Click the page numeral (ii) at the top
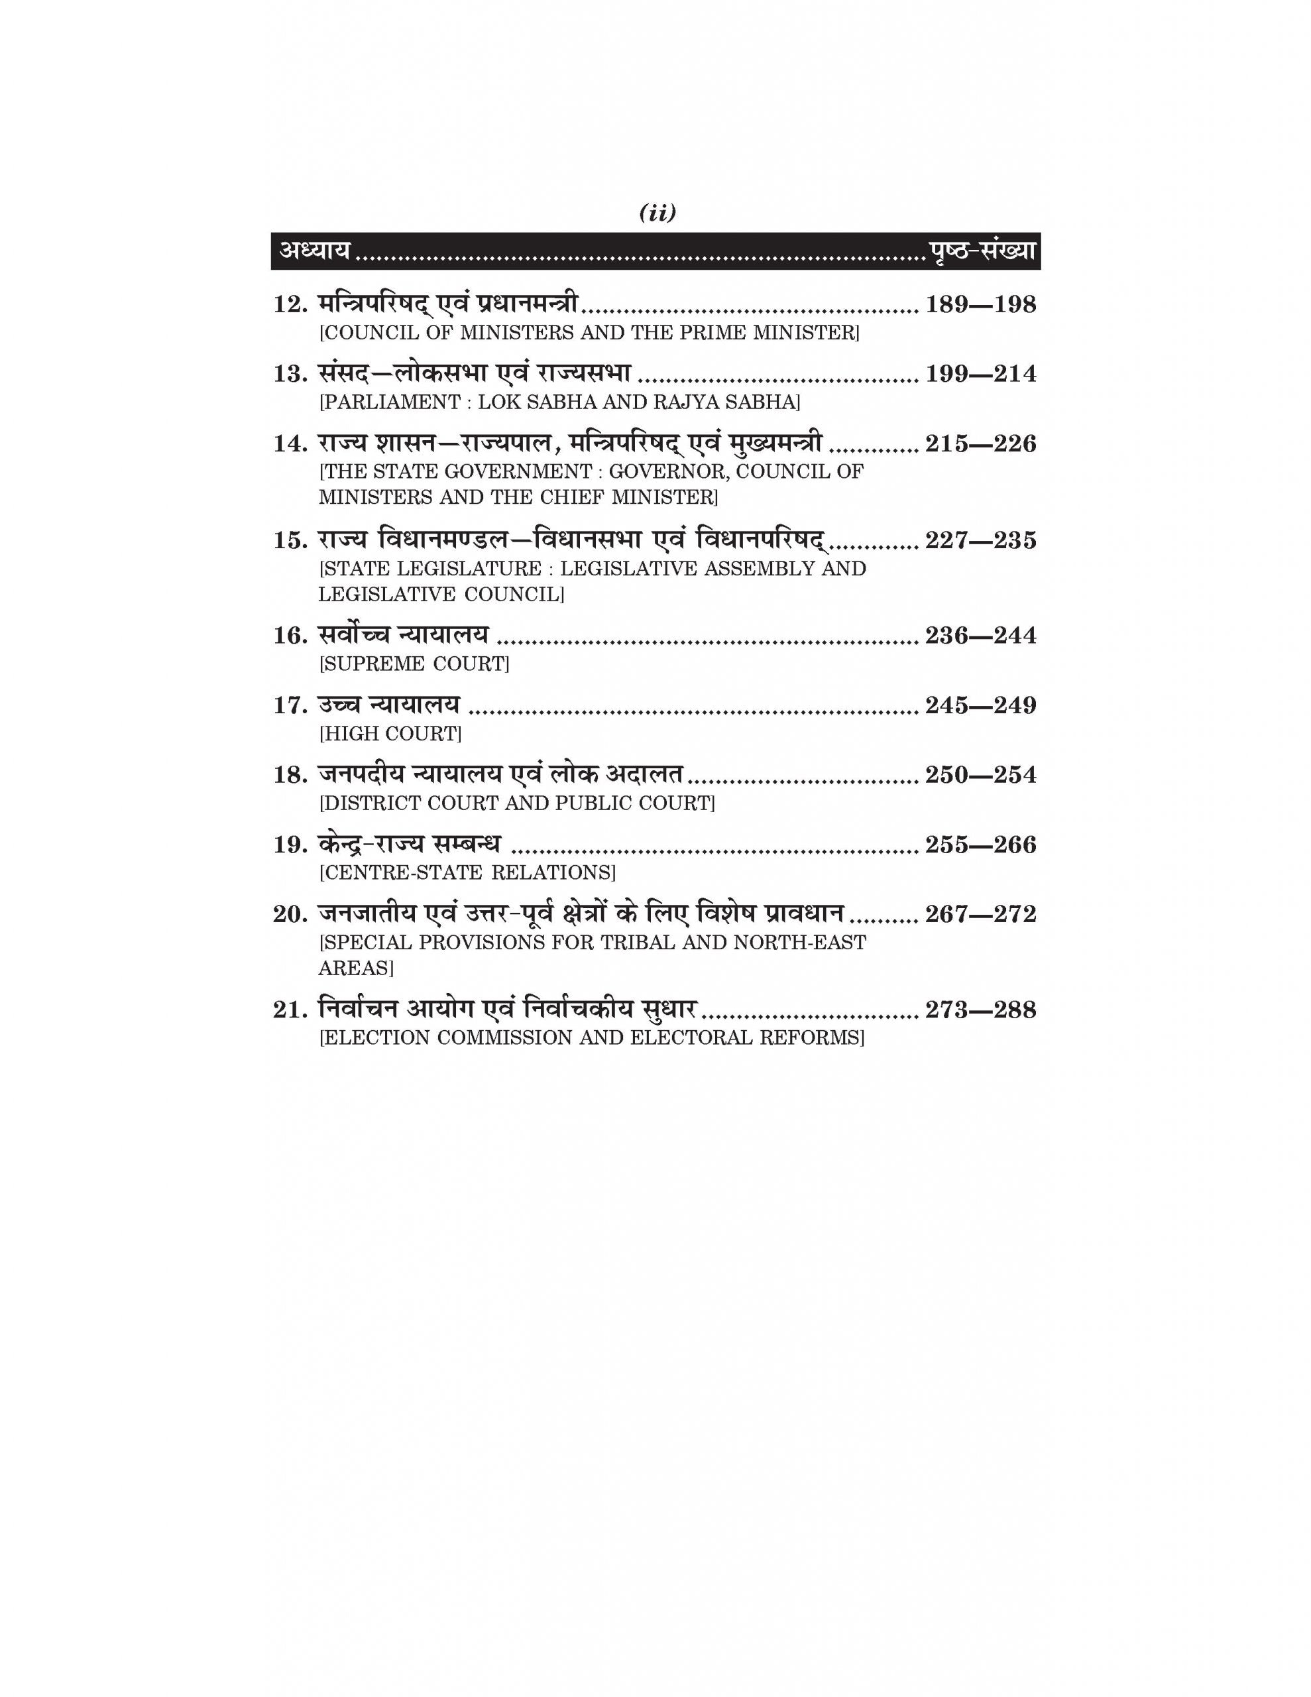(x=657, y=213)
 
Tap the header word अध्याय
(x=315, y=251)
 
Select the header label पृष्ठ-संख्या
(x=982, y=251)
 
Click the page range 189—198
(x=980, y=304)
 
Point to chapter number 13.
(x=290, y=375)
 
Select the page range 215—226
(x=980, y=444)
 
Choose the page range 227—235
(x=980, y=541)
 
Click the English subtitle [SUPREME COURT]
(x=414, y=664)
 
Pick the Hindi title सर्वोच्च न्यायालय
(x=404, y=636)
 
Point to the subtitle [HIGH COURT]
(x=390, y=734)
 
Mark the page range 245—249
(x=980, y=705)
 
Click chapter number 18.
(x=290, y=776)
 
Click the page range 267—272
(x=980, y=915)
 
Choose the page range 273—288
(x=980, y=1010)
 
